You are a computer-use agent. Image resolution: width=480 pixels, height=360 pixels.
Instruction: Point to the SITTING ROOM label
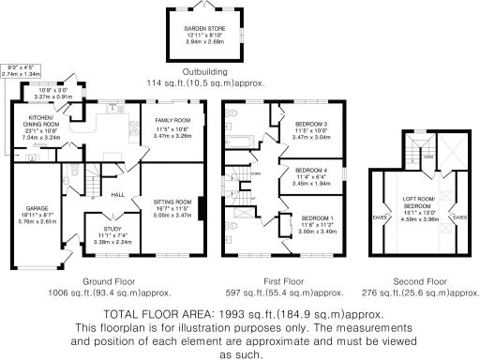[172, 202]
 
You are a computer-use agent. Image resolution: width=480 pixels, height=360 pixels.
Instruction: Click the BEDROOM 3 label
[311, 124]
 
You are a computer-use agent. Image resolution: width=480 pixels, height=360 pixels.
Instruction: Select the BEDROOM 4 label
[311, 169]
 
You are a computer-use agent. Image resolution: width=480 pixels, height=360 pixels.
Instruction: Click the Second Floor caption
[420, 281]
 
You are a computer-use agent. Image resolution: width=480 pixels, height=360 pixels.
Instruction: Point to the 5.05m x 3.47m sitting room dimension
[172, 215]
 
